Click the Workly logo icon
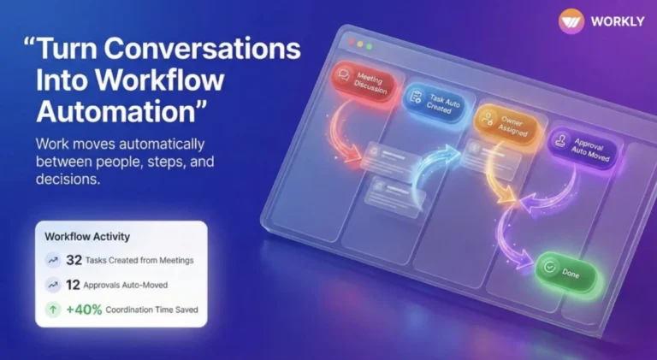coord(571,21)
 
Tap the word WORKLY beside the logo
coord(614,22)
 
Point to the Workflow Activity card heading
coord(87,235)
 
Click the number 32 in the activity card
coord(74,260)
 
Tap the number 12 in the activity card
coord(74,285)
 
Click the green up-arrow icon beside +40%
coord(54,310)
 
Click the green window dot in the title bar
coord(370,44)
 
